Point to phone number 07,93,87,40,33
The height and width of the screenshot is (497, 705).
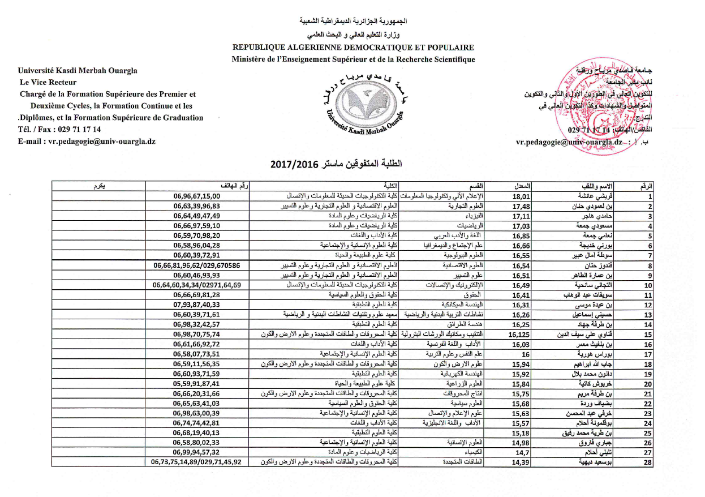point(196,305)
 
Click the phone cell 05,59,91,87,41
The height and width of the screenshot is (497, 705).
point(196,383)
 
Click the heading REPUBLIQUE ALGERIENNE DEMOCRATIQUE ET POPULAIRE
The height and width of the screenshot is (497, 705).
point(353,48)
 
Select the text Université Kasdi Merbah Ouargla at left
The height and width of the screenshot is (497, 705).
point(78,70)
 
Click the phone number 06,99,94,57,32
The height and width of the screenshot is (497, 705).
point(196,453)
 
